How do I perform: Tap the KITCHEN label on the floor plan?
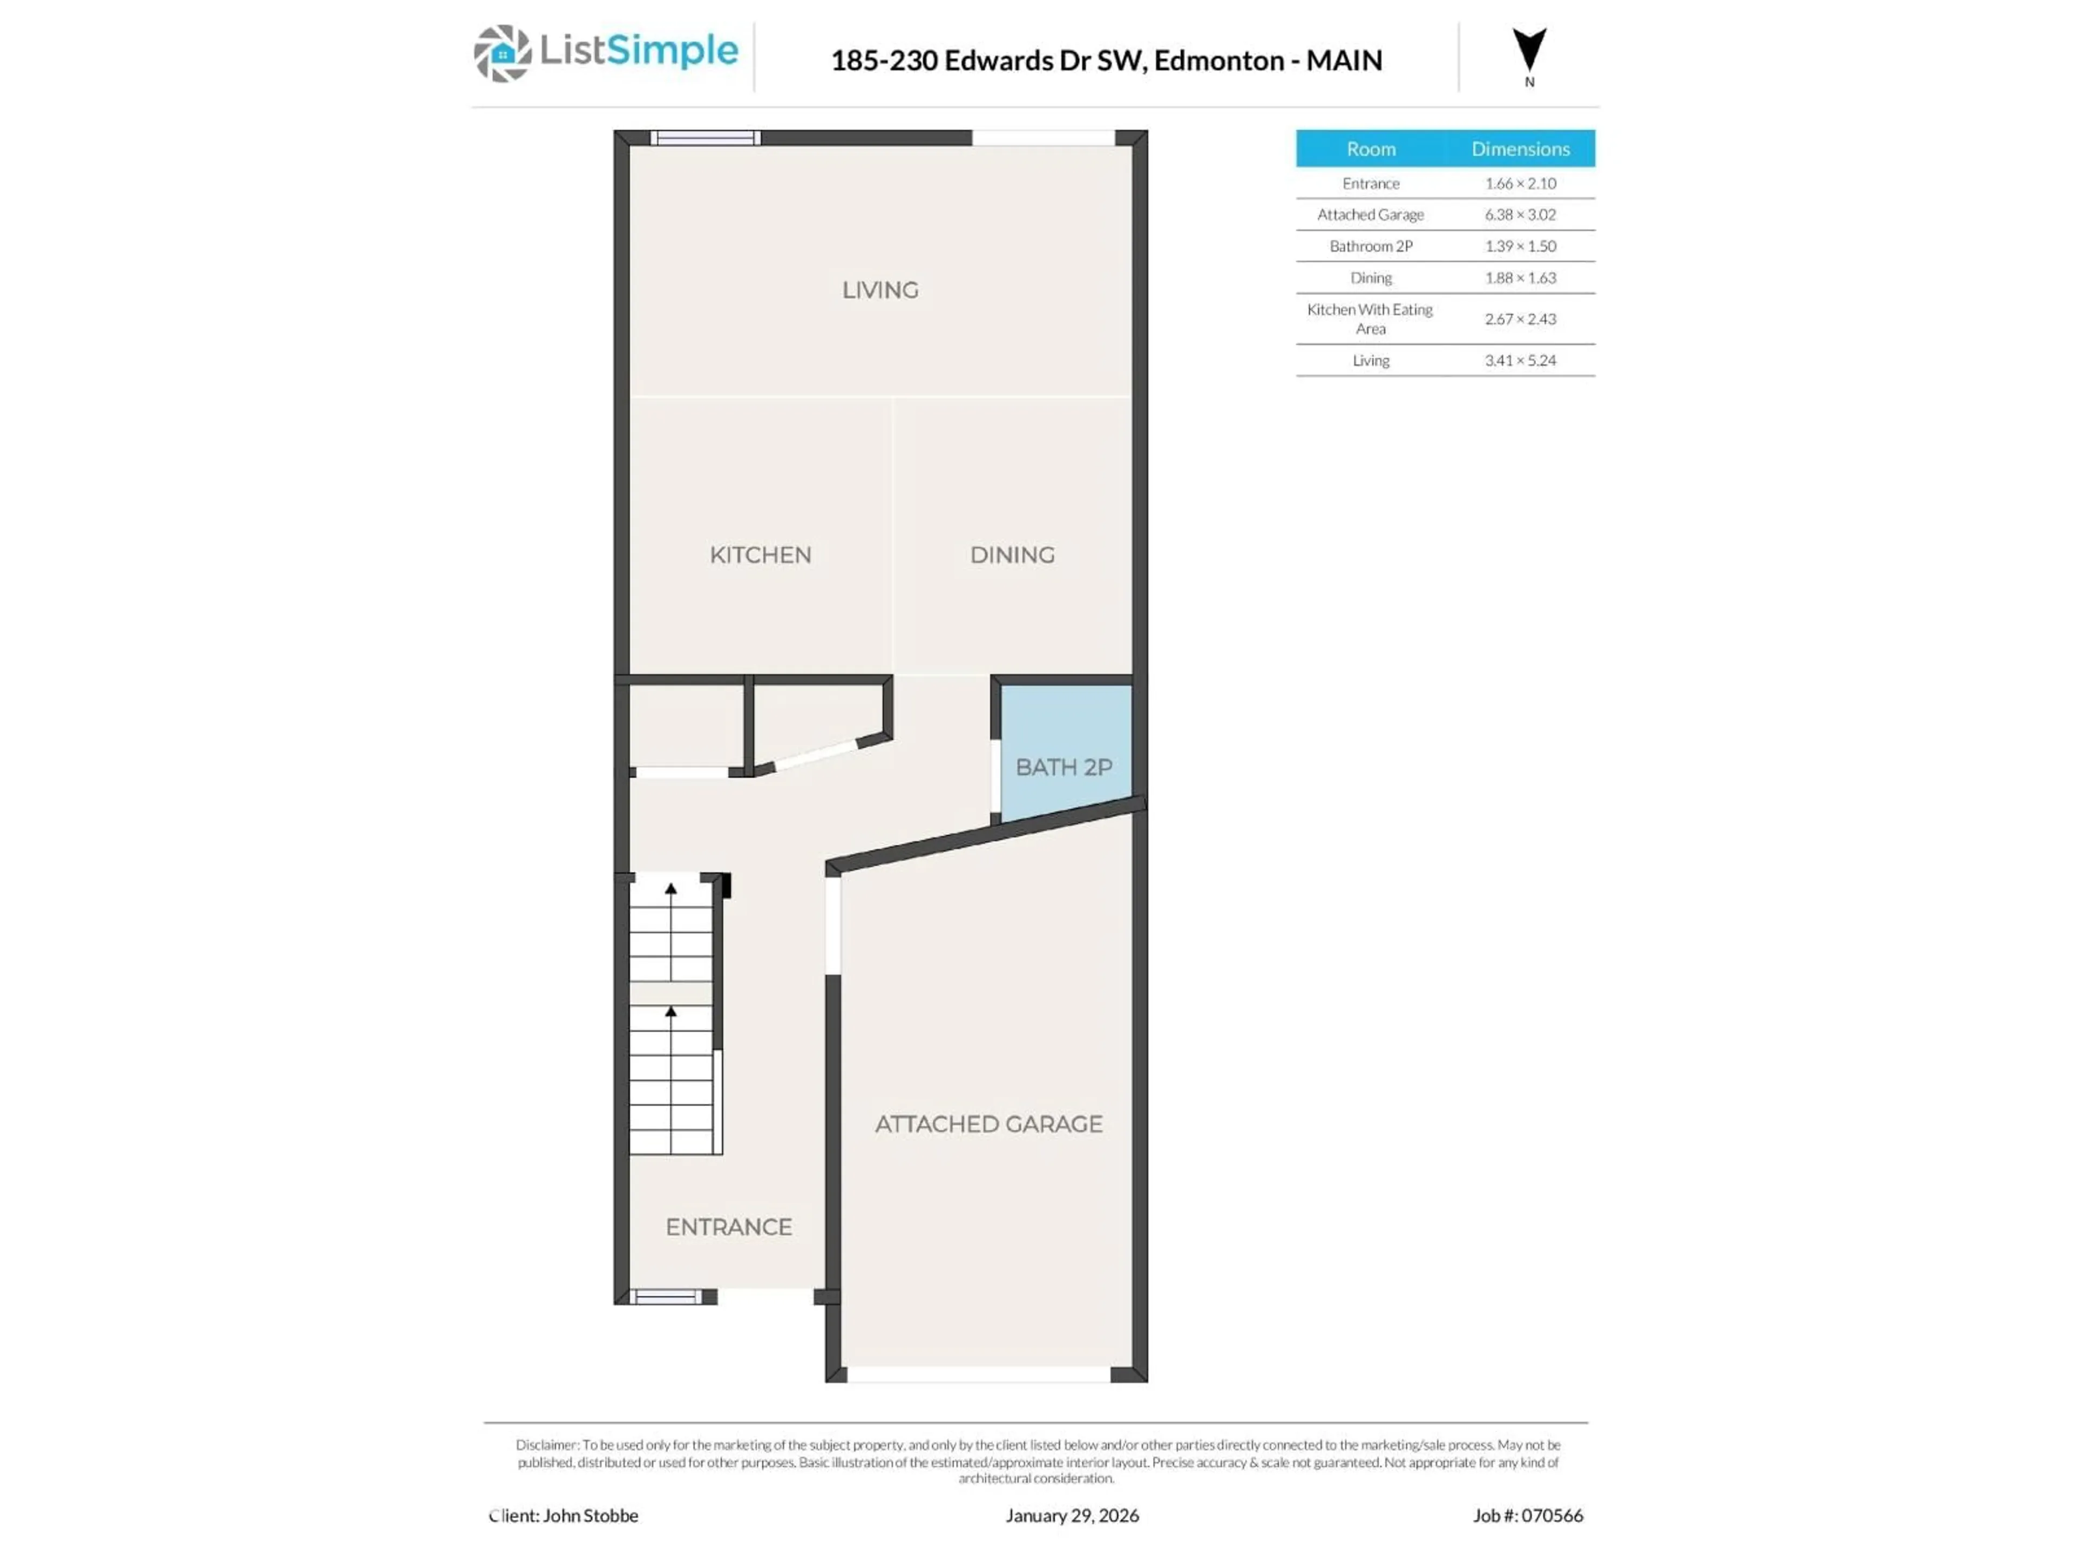pyautogui.click(x=760, y=555)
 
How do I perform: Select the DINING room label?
pyautogui.click(x=1012, y=555)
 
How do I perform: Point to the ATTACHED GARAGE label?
pyautogui.click(x=988, y=1124)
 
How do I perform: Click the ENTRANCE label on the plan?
pyautogui.click(x=728, y=1227)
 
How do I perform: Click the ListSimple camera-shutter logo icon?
pyautogui.click(x=502, y=53)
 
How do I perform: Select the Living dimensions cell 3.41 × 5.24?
pyautogui.click(x=1520, y=360)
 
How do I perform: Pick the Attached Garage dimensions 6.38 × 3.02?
pyautogui.click(x=1520, y=215)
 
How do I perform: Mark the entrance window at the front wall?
pyautogui.click(x=665, y=1297)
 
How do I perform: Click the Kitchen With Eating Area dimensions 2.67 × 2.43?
pyautogui.click(x=1520, y=319)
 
